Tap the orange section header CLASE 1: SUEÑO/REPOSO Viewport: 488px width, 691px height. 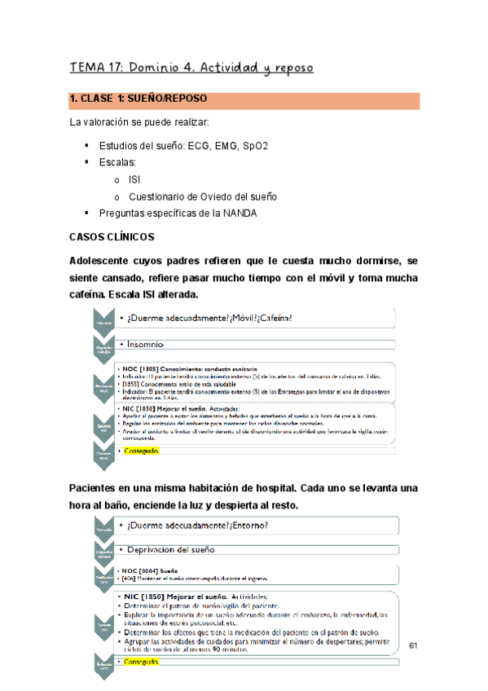pyautogui.click(x=138, y=99)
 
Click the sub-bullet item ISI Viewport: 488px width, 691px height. pyautogui.click(x=134, y=180)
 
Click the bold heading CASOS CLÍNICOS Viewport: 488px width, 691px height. pyautogui.click(x=117, y=237)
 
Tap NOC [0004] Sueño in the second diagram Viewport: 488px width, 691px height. pyautogui.click(x=150, y=571)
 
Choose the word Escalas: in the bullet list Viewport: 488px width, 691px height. pyautogui.click(x=121, y=163)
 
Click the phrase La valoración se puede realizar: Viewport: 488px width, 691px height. pyautogui.click(x=139, y=123)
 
